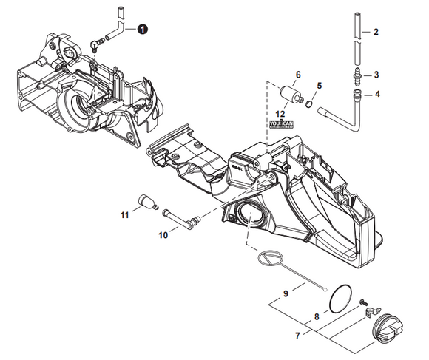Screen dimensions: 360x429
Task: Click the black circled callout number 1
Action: point(141,28)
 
